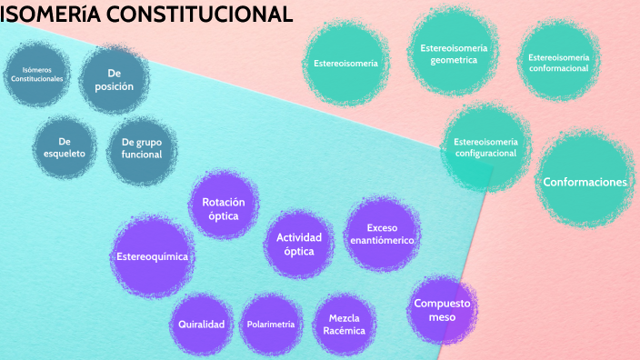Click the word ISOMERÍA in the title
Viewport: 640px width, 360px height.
click(x=50, y=15)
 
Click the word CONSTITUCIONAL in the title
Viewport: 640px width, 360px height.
click(x=200, y=15)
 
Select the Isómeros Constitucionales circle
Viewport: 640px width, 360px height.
click(x=36, y=74)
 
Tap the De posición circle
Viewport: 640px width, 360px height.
click(x=115, y=79)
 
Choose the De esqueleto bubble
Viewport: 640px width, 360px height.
click(x=65, y=147)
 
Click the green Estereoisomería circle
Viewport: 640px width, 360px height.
click(x=345, y=63)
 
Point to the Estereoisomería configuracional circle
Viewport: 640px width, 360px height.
click(x=485, y=147)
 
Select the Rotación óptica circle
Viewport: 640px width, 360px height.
click(x=224, y=205)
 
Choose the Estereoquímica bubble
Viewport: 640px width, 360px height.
click(x=152, y=256)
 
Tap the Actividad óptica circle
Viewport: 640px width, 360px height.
click(x=299, y=244)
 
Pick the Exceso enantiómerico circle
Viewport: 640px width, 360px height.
click(x=382, y=234)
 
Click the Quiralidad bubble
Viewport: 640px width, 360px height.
click(x=202, y=324)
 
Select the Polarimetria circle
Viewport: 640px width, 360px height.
click(x=271, y=324)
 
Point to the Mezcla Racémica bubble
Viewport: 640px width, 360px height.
click(x=344, y=324)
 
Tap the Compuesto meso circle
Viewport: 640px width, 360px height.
click(x=442, y=309)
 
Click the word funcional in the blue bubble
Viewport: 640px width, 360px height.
click(x=142, y=155)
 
